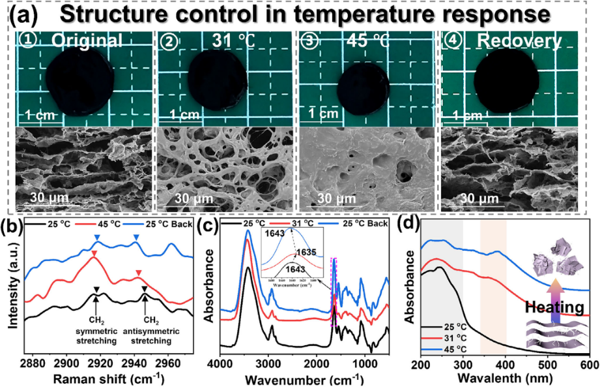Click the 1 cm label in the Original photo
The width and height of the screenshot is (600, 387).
tap(40, 116)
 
